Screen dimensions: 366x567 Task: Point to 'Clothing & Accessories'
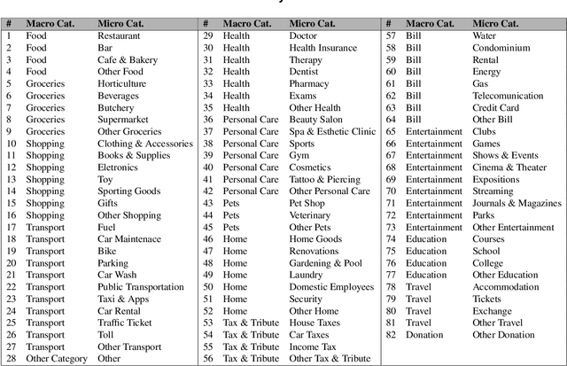coord(144,144)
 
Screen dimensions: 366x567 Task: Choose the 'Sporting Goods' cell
coord(128,191)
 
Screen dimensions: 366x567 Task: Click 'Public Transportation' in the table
coord(141,287)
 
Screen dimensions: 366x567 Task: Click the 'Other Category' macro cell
coord(57,359)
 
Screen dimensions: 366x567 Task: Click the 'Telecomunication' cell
coord(508,96)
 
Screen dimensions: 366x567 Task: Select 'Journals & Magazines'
coord(517,204)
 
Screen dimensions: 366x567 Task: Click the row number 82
coord(391,335)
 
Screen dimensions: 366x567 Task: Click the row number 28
coord(11,359)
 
